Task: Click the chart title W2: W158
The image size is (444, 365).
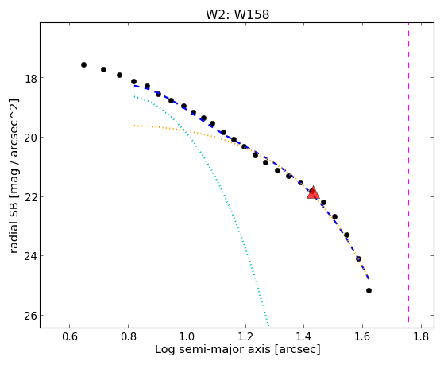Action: [237, 14]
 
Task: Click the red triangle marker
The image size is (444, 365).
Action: [313, 192]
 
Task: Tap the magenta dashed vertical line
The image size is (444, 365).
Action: [408, 173]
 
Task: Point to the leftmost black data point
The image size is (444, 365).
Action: [83, 64]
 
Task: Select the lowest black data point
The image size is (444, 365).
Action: [369, 290]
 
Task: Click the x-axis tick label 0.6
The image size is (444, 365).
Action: [70, 336]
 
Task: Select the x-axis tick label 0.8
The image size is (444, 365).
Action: [128, 336]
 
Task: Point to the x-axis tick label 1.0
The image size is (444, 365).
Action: [187, 336]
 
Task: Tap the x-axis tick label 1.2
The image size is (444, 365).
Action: [245, 336]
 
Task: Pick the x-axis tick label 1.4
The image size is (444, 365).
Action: [304, 336]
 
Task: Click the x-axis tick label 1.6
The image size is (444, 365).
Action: [362, 336]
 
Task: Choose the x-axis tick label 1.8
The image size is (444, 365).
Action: [421, 336]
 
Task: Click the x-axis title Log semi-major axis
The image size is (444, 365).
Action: [213, 349]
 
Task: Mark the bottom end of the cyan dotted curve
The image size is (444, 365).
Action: [268, 323]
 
